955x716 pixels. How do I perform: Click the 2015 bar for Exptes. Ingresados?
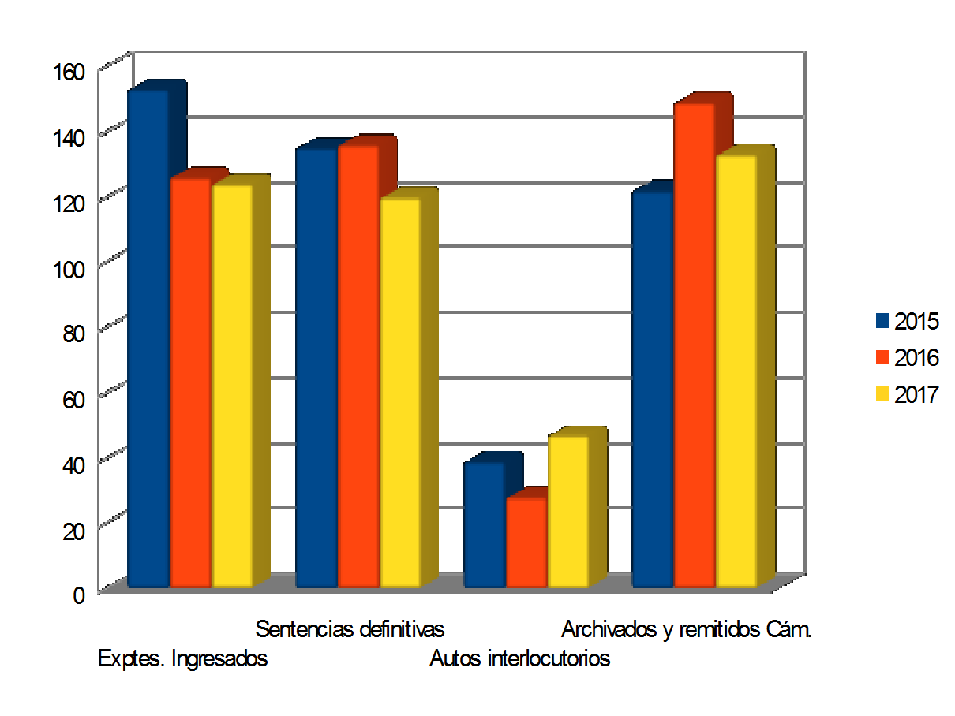tap(148, 339)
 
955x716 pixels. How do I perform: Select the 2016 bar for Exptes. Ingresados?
tap(190, 383)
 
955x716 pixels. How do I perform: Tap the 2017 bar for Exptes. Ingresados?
tap(232, 386)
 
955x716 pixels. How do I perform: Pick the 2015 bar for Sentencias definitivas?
tap(316, 367)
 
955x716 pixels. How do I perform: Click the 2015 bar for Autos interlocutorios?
tap(485, 525)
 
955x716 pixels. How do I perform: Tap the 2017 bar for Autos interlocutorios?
tap(568, 512)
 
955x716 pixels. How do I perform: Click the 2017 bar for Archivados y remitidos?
tap(736, 371)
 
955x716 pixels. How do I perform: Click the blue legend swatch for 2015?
tap(882, 322)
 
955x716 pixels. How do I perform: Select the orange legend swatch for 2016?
tap(882, 358)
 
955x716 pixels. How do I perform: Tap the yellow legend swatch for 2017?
tap(882, 394)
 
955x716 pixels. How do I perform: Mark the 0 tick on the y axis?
tap(79, 595)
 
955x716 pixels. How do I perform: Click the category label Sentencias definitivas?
tap(350, 629)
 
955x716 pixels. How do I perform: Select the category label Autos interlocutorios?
tap(519, 658)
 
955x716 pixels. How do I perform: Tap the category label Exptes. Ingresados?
tap(182, 658)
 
